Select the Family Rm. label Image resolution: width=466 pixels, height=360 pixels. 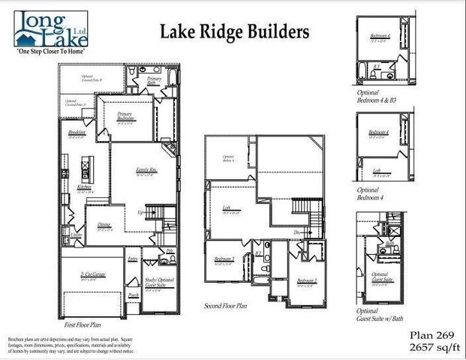pyautogui.click(x=146, y=171)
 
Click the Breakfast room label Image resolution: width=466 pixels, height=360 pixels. pyautogui.click(x=77, y=132)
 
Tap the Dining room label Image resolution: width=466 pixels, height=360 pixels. pyautogui.click(x=104, y=224)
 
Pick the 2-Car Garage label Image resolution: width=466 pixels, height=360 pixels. pyautogui.click(x=93, y=275)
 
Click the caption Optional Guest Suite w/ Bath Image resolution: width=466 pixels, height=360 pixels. pyautogui.click(x=383, y=315)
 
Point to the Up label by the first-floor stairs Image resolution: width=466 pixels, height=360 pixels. pyautogui.click(x=140, y=212)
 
